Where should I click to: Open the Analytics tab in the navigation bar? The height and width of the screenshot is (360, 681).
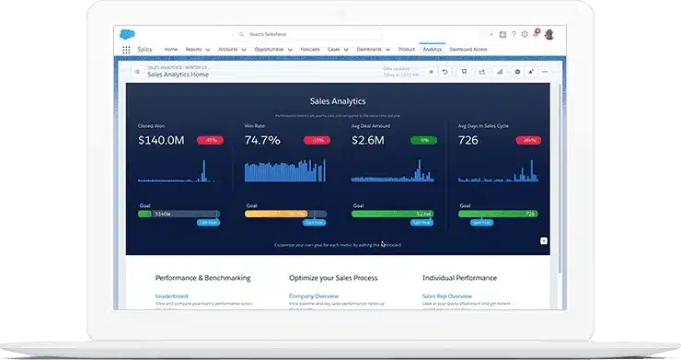[432, 49]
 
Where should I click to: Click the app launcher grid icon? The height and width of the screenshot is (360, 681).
[126, 50]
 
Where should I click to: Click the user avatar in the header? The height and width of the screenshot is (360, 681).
[549, 34]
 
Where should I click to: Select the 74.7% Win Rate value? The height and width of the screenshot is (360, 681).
[262, 141]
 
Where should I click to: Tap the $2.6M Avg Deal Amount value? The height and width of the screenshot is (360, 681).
[369, 141]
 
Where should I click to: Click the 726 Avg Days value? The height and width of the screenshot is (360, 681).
[468, 141]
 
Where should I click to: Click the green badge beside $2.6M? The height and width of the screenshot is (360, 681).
[424, 141]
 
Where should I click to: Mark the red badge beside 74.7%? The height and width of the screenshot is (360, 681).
[317, 141]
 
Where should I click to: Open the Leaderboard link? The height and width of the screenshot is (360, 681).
[172, 296]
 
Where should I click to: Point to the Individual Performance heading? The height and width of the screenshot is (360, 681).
[459, 277]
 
